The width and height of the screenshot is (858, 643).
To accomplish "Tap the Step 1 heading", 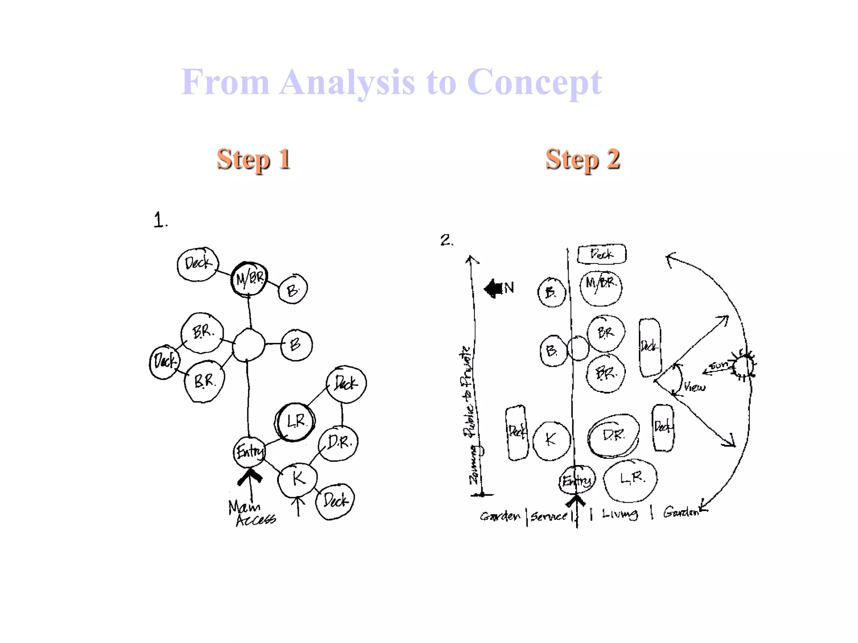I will click(253, 159).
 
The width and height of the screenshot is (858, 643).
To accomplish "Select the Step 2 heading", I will click(582, 159).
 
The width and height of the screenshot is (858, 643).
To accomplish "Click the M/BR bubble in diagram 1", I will click(249, 278).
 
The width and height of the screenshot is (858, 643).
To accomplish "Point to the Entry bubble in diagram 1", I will click(250, 452).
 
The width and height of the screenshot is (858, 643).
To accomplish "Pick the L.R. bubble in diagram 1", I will click(295, 421).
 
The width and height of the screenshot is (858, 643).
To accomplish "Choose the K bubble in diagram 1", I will click(297, 479).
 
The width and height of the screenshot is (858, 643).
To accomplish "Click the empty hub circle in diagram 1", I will click(248, 345).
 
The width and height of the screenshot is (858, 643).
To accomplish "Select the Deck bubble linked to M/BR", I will click(197, 264).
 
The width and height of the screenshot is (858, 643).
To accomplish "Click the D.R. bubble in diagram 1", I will click(339, 443).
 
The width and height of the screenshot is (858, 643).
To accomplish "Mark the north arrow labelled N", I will click(499, 288).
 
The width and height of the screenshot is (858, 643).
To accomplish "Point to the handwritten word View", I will click(694, 387).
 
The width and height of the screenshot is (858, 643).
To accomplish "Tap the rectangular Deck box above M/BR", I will click(602, 254).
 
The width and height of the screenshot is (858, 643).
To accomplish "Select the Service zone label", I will click(549, 516).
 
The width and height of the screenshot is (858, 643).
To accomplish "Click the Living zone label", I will click(620, 514).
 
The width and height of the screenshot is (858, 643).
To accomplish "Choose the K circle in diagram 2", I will click(551, 440).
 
